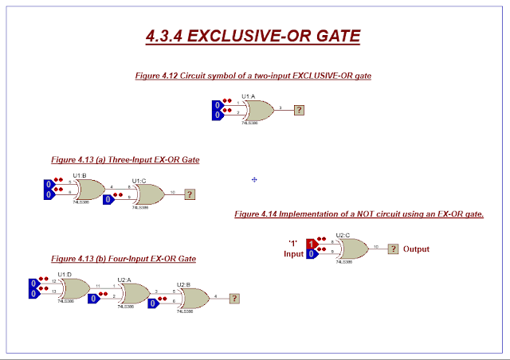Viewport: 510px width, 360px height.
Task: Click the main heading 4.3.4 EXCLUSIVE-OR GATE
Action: point(253,36)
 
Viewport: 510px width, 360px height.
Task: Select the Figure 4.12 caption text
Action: point(253,75)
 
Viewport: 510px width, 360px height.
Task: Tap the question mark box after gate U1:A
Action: point(299,110)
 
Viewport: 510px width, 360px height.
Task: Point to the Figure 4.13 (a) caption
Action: point(124,159)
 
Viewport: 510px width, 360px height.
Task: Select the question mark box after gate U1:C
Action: point(190,194)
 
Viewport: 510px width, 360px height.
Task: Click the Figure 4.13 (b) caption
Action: point(124,259)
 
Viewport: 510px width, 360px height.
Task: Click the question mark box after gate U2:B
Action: point(233,299)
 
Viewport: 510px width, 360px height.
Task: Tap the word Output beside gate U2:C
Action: point(416,248)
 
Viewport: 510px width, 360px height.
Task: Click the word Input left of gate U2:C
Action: point(294,254)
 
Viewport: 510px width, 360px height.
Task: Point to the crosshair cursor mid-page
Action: point(254,180)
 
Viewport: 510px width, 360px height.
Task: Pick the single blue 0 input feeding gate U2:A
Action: point(94,299)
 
